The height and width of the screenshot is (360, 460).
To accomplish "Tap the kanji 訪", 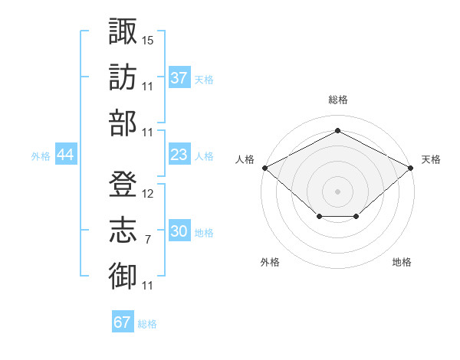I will click(123, 77).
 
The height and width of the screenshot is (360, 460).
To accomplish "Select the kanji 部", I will click(123, 123).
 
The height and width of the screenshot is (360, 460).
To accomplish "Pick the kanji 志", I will click(123, 231).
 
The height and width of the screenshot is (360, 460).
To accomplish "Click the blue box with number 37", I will click(179, 78).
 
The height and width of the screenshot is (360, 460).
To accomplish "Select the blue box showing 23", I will click(179, 155).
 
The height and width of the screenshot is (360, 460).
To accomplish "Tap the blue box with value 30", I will click(179, 231).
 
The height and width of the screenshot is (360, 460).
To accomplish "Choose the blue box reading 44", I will click(65, 155).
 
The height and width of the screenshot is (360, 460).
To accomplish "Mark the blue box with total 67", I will click(123, 322).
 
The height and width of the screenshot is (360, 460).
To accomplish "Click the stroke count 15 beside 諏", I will click(148, 39).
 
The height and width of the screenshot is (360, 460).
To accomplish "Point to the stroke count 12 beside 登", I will click(148, 194).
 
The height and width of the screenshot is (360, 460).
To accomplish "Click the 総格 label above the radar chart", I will click(337, 100).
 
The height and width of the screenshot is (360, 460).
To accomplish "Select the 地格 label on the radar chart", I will click(402, 262).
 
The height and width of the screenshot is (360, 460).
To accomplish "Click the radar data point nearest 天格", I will click(412, 168).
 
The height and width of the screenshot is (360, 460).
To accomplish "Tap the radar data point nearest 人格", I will click(264, 168).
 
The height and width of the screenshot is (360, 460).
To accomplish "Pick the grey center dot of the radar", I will click(337, 191).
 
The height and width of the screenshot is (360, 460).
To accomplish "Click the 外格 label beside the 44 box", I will click(41, 155).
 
